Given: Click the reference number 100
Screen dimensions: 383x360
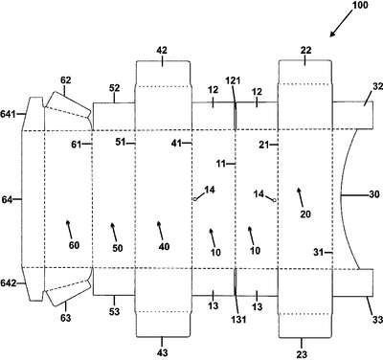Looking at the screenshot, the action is click(x=359, y=5).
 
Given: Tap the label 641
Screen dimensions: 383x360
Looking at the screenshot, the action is click(x=9, y=114).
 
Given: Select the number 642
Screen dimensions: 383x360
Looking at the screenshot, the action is click(x=9, y=283).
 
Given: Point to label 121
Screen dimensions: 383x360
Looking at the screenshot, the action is click(x=233, y=80).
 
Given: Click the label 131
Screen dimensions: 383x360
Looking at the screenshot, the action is click(x=238, y=319).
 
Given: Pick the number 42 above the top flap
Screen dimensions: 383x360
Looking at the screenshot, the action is click(x=162, y=51).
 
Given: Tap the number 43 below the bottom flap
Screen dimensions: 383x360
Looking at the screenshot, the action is click(x=162, y=352).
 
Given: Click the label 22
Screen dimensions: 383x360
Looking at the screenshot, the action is click(x=305, y=51).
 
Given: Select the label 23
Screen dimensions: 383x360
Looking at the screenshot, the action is click(x=302, y=353).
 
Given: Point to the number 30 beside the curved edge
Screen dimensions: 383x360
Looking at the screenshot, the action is click(x=374, y=194).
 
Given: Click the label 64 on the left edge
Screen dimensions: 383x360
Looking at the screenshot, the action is click(x=7, y=199).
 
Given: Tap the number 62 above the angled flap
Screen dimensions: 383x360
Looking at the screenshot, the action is click(x=66, y=80).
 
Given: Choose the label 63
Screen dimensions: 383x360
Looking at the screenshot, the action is click(x=65, y=318).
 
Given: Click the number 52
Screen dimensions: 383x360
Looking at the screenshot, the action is click(x=114, y=88).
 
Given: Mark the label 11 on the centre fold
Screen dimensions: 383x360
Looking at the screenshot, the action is click(x=220, y=164).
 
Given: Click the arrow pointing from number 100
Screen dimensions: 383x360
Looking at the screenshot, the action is click(x=341, y=25).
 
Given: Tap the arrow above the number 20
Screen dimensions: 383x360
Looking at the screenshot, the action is click(x=301, y=196).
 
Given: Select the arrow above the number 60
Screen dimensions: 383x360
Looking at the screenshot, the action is click(x=69, y=229).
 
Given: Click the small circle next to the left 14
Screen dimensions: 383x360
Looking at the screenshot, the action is click(x=194, y=199).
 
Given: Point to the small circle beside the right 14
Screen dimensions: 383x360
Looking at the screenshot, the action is click(x=274, y=200).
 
